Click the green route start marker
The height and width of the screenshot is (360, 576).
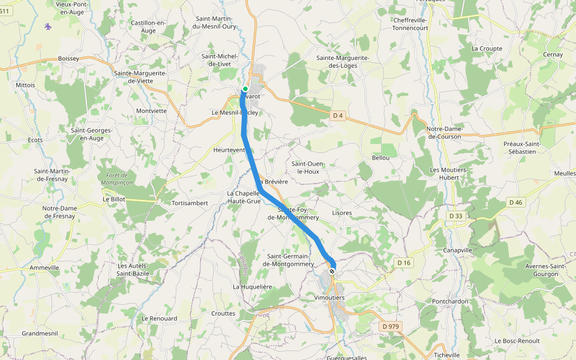tap(245, 89)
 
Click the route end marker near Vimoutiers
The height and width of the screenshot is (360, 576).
tap(331, 271)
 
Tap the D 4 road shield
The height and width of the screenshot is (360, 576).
tap(338, 116)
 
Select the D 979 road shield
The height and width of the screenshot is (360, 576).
tap(390, 326)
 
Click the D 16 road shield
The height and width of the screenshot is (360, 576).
tap(404, 263)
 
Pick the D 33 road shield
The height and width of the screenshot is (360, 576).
tap(455, 215)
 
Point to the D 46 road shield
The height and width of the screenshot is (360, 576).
tap(515, 202)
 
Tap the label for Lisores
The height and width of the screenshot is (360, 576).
tap(341, 213)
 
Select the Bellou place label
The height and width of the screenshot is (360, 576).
tap(380, 158)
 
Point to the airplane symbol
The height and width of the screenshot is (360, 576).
tap(48, 26)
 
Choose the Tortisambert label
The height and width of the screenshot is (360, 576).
tap(190, 203)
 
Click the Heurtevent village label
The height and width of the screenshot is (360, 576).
tap(229, 150)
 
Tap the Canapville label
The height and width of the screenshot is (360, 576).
tap(458, 250)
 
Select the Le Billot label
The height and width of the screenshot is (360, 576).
tap(114, 199)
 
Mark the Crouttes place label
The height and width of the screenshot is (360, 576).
tap(223, 313)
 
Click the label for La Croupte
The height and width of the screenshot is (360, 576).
tap(486, 49)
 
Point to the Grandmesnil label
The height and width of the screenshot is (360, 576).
tap(39, 333)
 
